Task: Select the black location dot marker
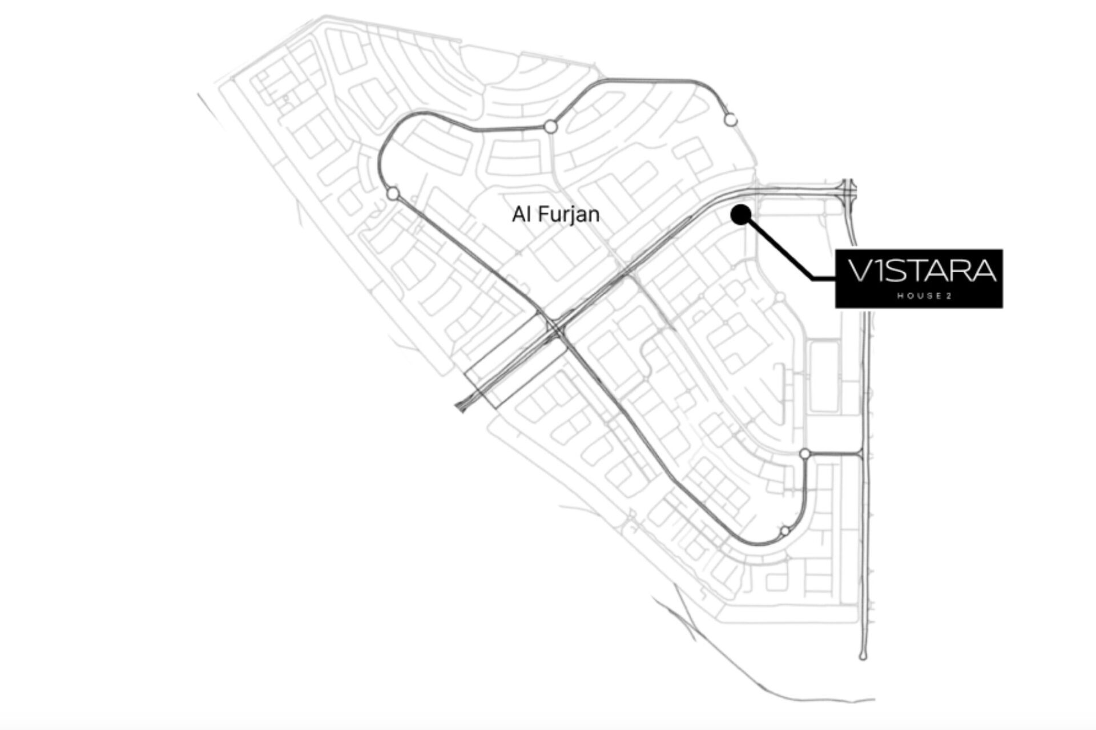click(x=741, y=215)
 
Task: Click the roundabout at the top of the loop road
click(x=550, y=127)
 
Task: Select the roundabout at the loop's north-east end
click(x=731, y=120)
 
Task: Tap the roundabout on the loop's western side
click(x=393, y=194)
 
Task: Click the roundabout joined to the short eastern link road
click(x=805, y=454)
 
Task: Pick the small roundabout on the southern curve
click(x=785, y=531)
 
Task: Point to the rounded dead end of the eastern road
click(x=863, y=657)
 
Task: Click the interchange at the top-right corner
click(x=849, y=189)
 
